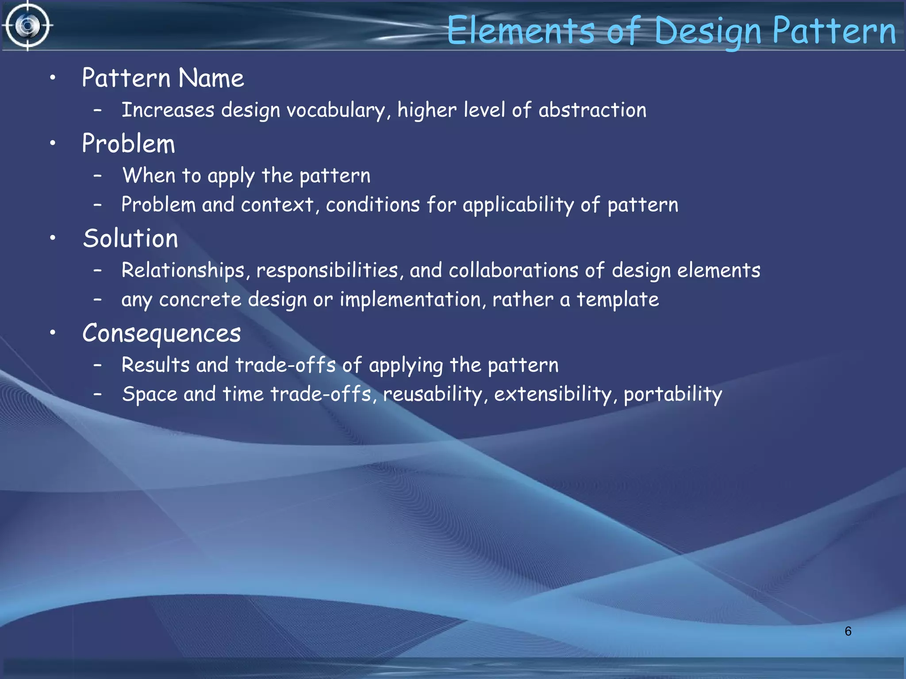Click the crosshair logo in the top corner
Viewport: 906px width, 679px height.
pos(27,26)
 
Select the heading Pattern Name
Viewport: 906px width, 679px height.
pos(163,78)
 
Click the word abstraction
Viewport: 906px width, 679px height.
pos(592,110)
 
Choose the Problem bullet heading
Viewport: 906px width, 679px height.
pos(129,144)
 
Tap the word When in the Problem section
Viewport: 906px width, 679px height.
pos(149,175)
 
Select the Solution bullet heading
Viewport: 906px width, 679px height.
pos(131,239)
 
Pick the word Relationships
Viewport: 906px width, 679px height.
pos(183,270)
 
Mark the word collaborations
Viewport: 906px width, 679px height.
pos(514,270)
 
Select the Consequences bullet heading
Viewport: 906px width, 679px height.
pos(161,333)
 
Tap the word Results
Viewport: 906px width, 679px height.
pos(156,365)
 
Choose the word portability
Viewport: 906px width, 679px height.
pos(672,394)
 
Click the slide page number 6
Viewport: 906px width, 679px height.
pos(848,631)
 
